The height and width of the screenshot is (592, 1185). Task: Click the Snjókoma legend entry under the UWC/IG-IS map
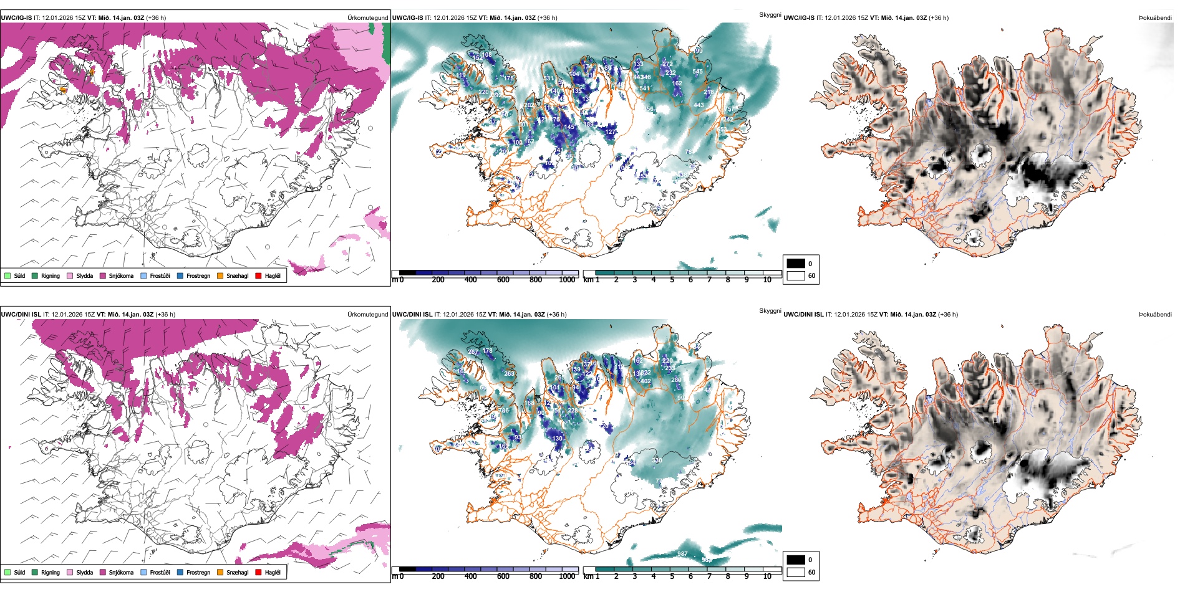(121, 275)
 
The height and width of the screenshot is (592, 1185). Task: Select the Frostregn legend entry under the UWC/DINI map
(198, 572)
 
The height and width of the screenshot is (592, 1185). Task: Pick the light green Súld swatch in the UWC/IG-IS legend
(7, 275)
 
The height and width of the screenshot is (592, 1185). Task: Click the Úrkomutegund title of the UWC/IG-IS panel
(367, 18)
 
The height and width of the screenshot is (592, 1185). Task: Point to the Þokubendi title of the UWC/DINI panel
(1155, 315)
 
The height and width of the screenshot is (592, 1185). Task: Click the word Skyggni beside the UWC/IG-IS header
(770, 15)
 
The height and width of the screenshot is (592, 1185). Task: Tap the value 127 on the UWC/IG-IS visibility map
(611, 132)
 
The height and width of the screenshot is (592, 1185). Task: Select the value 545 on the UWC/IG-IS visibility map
(697, 72)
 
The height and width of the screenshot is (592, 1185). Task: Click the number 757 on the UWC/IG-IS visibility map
(729, 110)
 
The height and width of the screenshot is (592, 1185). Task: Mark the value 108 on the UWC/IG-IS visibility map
(487, 55)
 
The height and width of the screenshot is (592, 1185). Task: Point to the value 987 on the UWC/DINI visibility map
(682, 554)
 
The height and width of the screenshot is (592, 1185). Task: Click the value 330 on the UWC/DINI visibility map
(657, 461)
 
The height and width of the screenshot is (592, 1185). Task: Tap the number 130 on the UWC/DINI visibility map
(557, 439)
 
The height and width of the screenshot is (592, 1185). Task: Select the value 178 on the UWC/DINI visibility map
(487, 351)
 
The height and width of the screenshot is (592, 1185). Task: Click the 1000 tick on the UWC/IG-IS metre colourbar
(567, 280)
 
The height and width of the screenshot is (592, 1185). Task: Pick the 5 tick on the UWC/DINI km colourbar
(672, 577)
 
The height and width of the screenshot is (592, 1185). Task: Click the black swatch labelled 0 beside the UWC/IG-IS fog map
(795, 263)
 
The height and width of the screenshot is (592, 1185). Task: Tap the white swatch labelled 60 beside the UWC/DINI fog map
(795, 572)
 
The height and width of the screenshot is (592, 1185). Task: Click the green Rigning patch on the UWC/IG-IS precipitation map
(387, 41)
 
